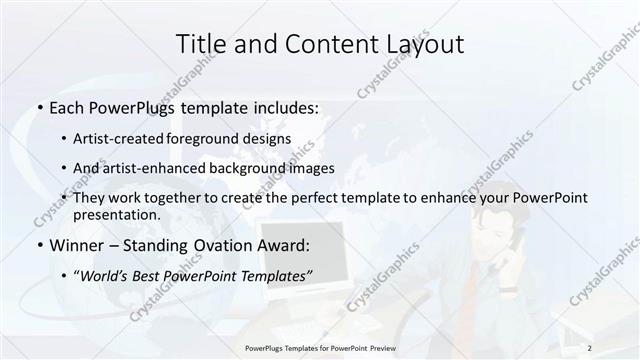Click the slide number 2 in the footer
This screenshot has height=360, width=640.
[591, 348]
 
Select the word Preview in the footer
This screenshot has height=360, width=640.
[381, 348]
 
